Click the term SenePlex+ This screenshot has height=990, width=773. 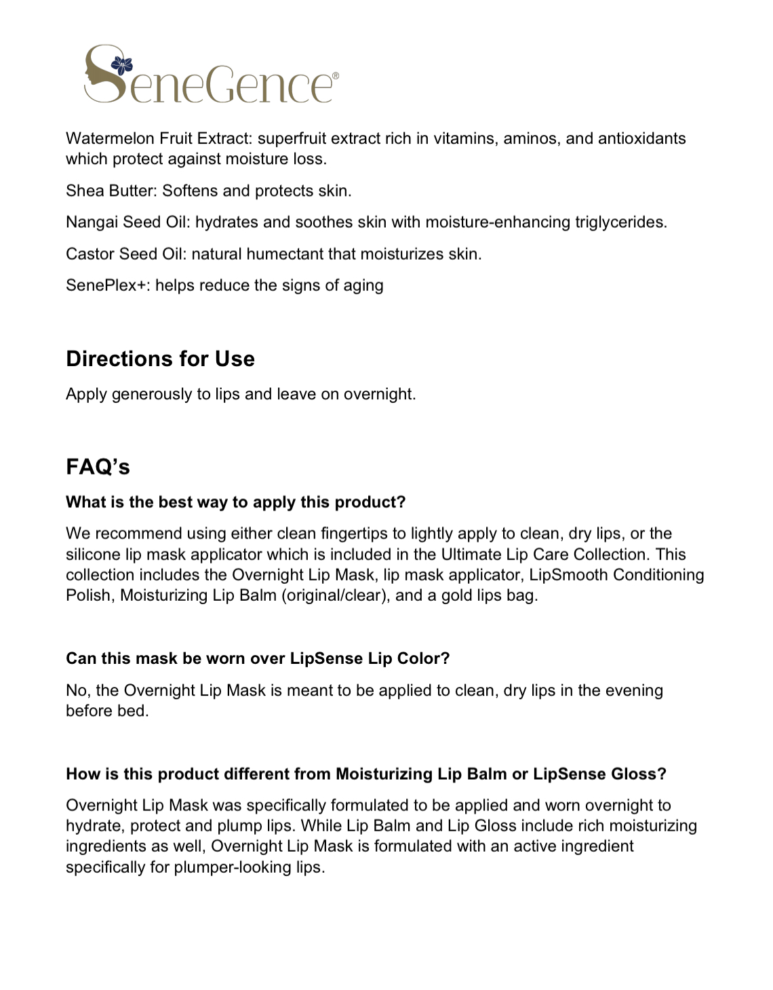click(x=108, y=285)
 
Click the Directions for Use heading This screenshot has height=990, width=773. click(x=160, y=359)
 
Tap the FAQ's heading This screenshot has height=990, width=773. click(x=98, y=467)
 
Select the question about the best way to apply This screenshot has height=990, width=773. click(x=235, y=502)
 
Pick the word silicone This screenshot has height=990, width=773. click(x=94, y=554)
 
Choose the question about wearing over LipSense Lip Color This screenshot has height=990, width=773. click(x=258, y=658)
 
